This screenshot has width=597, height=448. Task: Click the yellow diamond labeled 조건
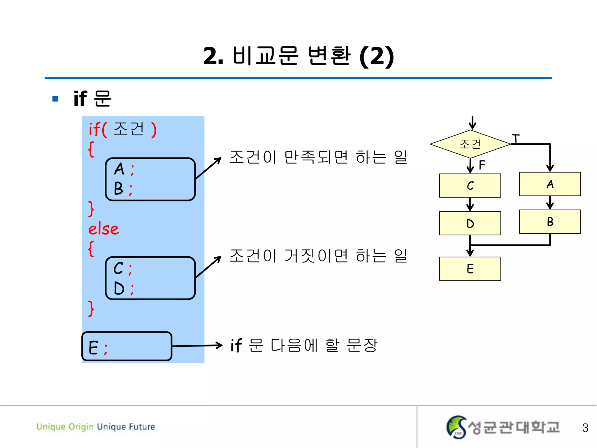(x=470, y=144)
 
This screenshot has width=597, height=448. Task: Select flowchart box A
(x=550, y=184)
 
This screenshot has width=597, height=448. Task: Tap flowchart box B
(x=550, y=222)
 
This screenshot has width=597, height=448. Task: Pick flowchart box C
(x=470, y=186)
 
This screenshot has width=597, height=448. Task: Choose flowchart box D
(x=470, y=223)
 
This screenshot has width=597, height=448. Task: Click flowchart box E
(x=470, y=269)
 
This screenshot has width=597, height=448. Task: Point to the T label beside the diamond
(x=516, y=138)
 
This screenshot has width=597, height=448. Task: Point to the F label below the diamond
(x=482, y=165)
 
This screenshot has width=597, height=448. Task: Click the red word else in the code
(x=103, y=229)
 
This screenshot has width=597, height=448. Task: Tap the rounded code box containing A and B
(x=150, y=179)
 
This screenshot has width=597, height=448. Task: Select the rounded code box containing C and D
(x=150, y=278)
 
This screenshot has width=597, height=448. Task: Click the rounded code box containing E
(x=127, y=346)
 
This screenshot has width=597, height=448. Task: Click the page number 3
(x=585, y=428)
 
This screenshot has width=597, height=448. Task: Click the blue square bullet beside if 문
(x=55, y=99)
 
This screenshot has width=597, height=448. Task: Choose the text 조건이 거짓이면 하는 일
(x=318, y=256)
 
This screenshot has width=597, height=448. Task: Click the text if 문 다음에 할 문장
(x=304, y=345)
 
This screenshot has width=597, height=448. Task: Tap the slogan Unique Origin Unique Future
(x=96, y=427)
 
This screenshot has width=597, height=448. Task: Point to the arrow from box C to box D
(x=470, y=204)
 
